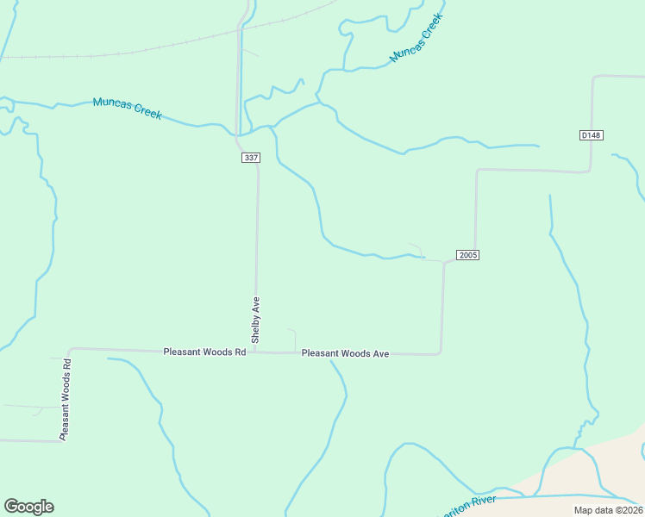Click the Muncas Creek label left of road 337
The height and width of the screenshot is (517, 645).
click(127, 109)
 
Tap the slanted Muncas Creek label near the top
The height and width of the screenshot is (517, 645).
click(416, 38)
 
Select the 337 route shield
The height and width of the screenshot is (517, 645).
click(250, 158)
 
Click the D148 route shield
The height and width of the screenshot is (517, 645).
click(591, 135)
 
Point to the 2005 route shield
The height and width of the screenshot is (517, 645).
click(467, 255)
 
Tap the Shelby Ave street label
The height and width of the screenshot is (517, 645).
click(255, 320)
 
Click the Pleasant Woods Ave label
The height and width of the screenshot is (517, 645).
click(345, 353)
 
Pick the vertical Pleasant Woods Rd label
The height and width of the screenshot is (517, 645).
click(65, 398)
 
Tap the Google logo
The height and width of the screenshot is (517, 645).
click(28, 507)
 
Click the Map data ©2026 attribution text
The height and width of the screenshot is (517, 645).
click(608, 510)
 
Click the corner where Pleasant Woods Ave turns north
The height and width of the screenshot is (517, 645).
click(441, 352)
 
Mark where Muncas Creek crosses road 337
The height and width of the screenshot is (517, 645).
click(237, 134)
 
